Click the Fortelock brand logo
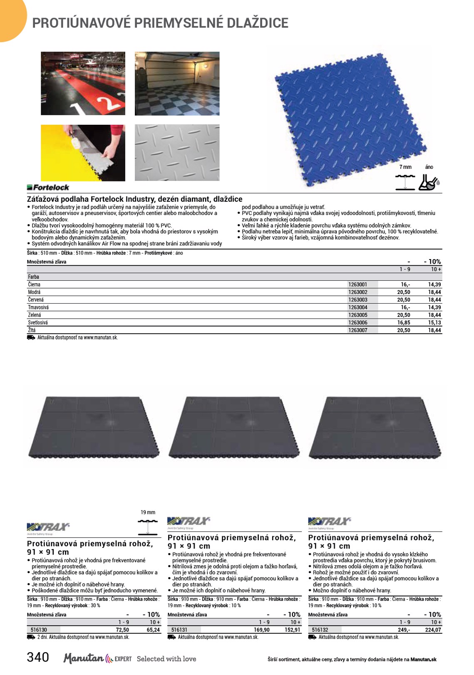click(x=48, y=188)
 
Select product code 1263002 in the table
click(x=357, y=292)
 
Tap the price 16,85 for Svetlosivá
click(x=403, y=323)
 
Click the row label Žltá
click(x=32, y=330)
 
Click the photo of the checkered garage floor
click(x=177, y=84)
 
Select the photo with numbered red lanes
click(x=83, y=84)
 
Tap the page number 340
click(x=38, y=657)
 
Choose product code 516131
click(x=179, y=630)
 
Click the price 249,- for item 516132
click(x=404, y=630)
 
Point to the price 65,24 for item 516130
click(x=153, y=630)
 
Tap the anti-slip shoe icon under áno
click(x=429, y=182)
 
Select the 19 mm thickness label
click(x=148, y=512)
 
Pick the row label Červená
click(x=36, y=300)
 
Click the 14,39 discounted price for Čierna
click(x=434, y=285)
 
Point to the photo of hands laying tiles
click(x=83, y=153)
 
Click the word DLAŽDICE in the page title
click(x=257, y=23)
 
